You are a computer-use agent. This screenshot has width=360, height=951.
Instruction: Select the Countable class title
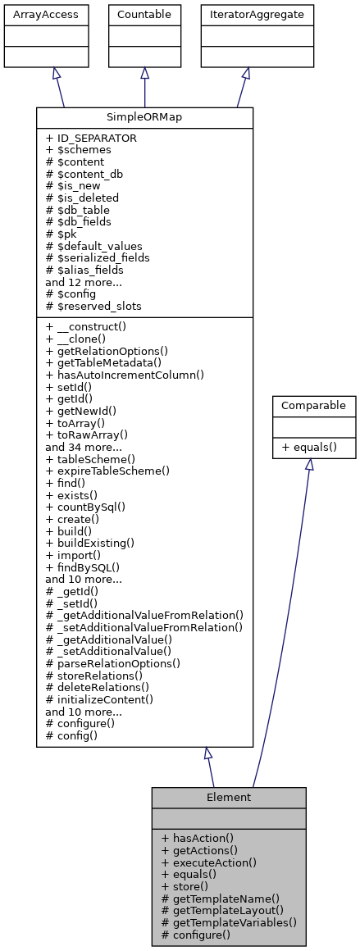pyautogui.click(x=144, y=14)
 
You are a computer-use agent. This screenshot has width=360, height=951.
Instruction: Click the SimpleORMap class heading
pyautogui.click(x=144, y=117)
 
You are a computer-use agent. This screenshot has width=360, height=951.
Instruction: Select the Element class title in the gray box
pyautogui.click(x=229, y=797)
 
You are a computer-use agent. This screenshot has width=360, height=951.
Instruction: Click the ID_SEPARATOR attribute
pyautogui.click(x=91, y=139)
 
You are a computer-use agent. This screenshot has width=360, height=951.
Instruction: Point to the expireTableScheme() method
pyautogui.click(x=107, y=471)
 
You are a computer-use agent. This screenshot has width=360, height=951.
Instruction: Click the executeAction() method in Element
pyautogui.click(x=209, y=862)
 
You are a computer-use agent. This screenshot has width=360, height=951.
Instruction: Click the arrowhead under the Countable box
pyautogui.click(x=145, y=73)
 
